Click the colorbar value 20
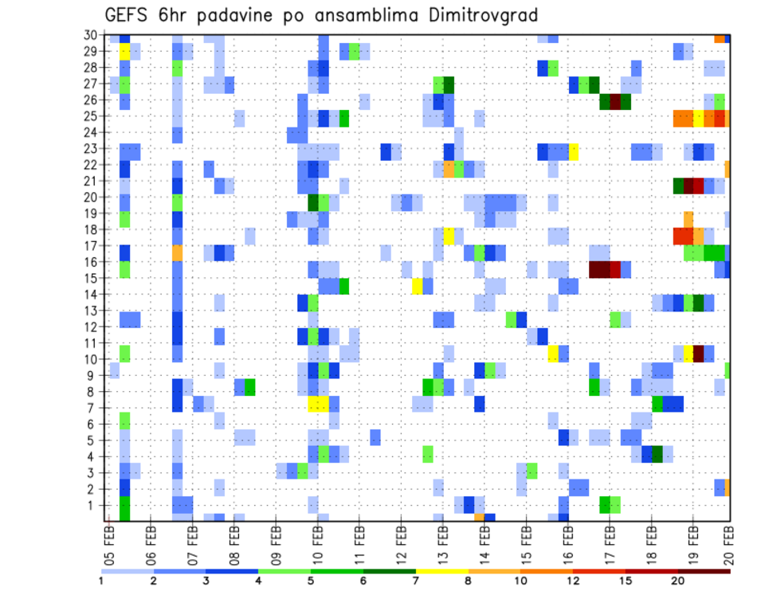[x=677, y=581]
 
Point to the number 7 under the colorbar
[x=415, y=581]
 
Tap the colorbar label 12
[x=572, y=581]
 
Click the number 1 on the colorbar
[x=101, y=581]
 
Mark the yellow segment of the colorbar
[x=441, y=570]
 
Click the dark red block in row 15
[x=599, y=269]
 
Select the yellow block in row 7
[x=318, y=404]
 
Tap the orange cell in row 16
[x=177, y=252]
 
